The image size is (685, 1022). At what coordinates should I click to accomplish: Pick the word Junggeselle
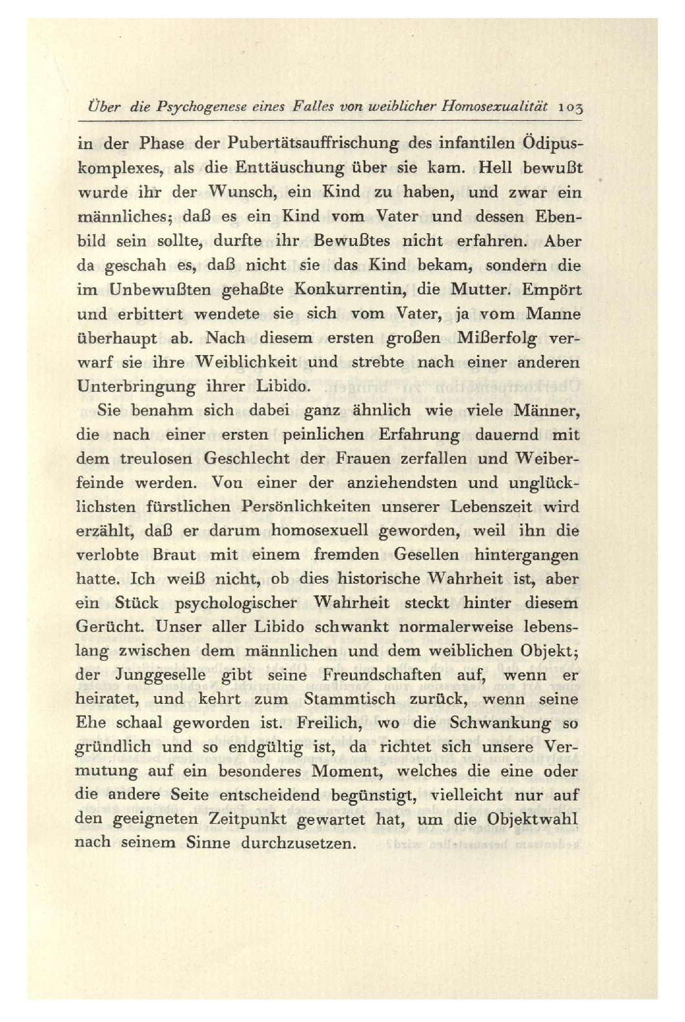click(160, 675)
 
